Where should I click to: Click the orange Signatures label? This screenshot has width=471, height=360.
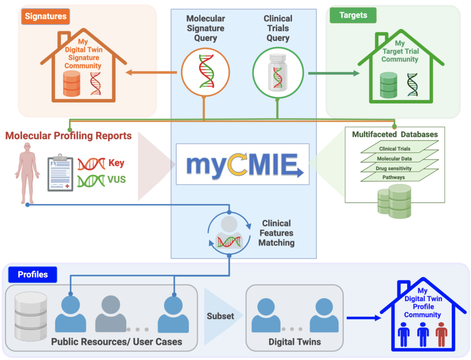[46, 17]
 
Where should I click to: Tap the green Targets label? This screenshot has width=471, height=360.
[353, 15]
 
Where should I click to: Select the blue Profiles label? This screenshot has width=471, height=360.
[33, 275]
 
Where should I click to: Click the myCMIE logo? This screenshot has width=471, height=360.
[242, 164]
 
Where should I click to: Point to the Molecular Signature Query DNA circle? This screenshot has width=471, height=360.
[205, 71]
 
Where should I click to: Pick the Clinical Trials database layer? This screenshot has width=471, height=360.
[395, 149]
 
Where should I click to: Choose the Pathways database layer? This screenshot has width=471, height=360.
[395, 177]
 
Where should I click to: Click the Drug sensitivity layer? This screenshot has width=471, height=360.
[395, 168]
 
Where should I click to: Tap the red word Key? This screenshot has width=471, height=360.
[116, 163]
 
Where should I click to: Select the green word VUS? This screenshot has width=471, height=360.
[117, 179]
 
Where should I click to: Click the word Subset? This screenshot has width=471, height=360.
[220, 316]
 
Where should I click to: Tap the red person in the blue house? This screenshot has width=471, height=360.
[441, 334]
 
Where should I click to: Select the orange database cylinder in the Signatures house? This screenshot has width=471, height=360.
[72, 83]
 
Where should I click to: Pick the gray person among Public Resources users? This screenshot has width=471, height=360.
[111, 314]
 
